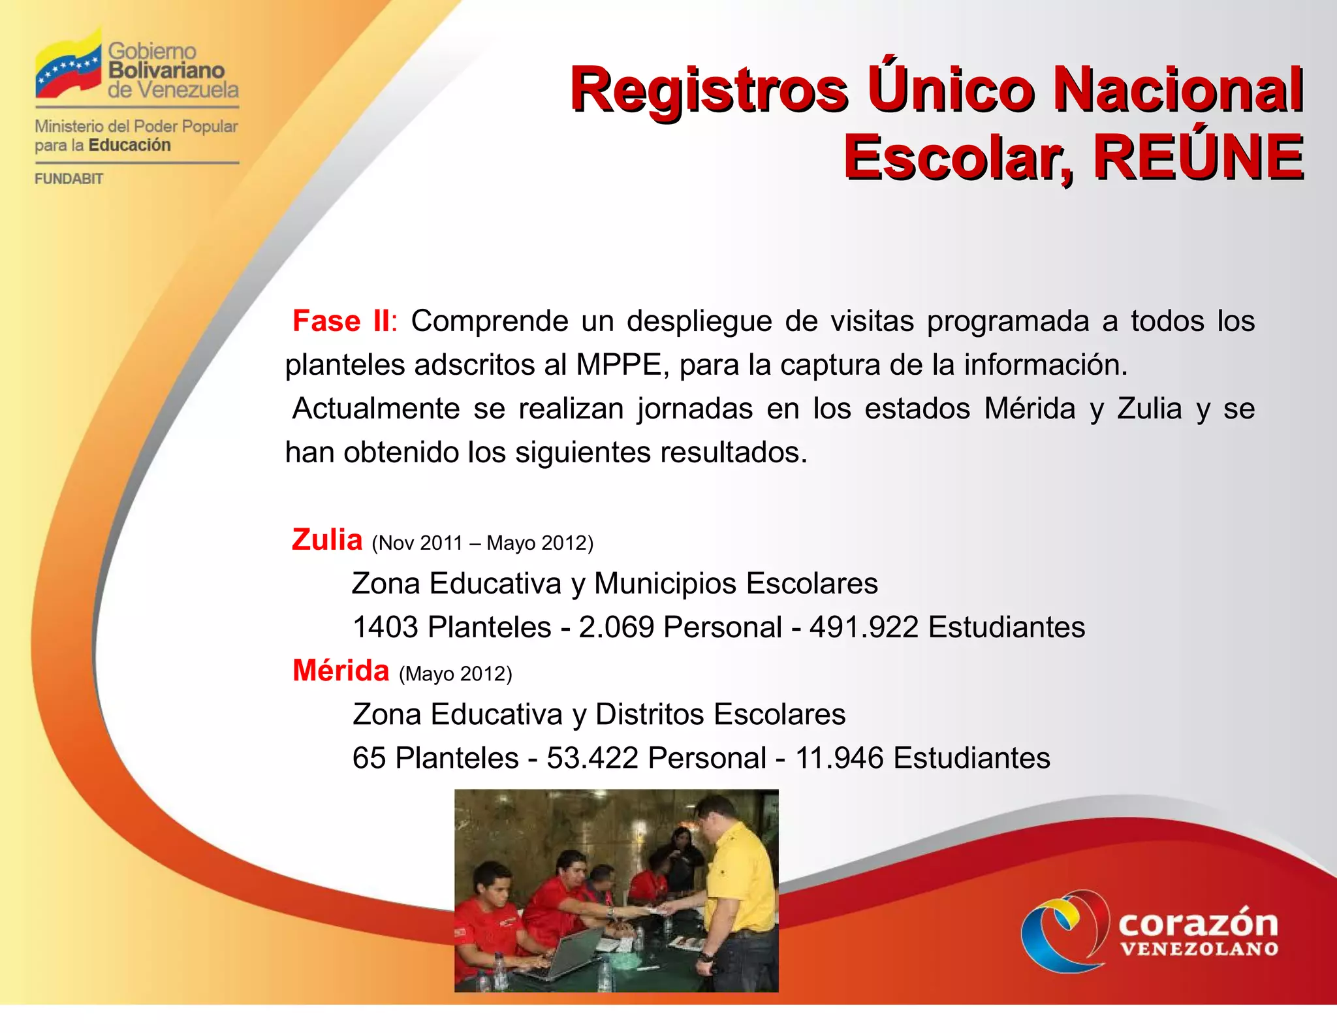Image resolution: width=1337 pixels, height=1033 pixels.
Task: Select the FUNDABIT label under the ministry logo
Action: click(x=69, y=179)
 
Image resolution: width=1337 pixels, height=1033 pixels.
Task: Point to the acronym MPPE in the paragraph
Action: click(x=618, y=365)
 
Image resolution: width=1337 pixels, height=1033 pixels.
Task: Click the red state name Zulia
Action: click(x=327, y=540)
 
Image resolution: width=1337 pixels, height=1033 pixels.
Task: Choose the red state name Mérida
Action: click(x=341, y=671)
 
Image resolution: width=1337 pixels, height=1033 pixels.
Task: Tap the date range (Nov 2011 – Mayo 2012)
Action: click(x=482, y=543)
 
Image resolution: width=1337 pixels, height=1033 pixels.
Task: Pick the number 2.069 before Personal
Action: click(x=616, y=628)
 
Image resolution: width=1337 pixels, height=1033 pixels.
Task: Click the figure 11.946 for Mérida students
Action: click(x=839, y=758)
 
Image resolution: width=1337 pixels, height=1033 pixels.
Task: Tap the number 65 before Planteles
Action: click(x=369, y=758)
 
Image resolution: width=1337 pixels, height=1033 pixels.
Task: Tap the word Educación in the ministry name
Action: click(x=129, y=145)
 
